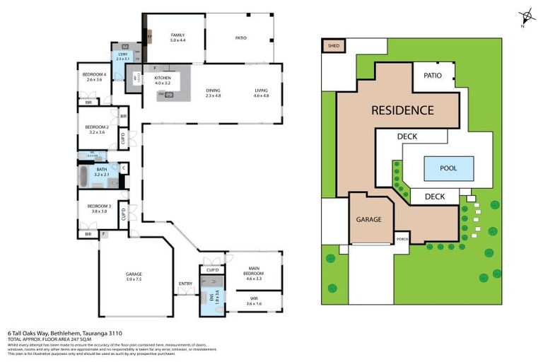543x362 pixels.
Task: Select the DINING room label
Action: [x=213, y=90]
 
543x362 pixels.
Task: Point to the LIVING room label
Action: [x=262, y=90]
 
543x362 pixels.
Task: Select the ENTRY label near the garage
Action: [x=185, y=284]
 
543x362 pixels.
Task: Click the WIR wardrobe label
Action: [x=254, y=299]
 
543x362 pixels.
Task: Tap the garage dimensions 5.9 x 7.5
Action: [x=134, y=280]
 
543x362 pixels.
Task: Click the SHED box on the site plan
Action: [x=332, y=47]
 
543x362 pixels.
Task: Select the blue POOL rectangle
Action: [x=448, y=168]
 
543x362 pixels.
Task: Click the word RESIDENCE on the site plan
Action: [x=402, y=110]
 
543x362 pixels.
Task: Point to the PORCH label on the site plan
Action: [x=402, y=239]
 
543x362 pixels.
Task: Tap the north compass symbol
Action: [x=525, y=18]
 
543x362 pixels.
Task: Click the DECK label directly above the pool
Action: [x=407, y=136]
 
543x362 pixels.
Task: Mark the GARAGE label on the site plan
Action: [x=368, y=219]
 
